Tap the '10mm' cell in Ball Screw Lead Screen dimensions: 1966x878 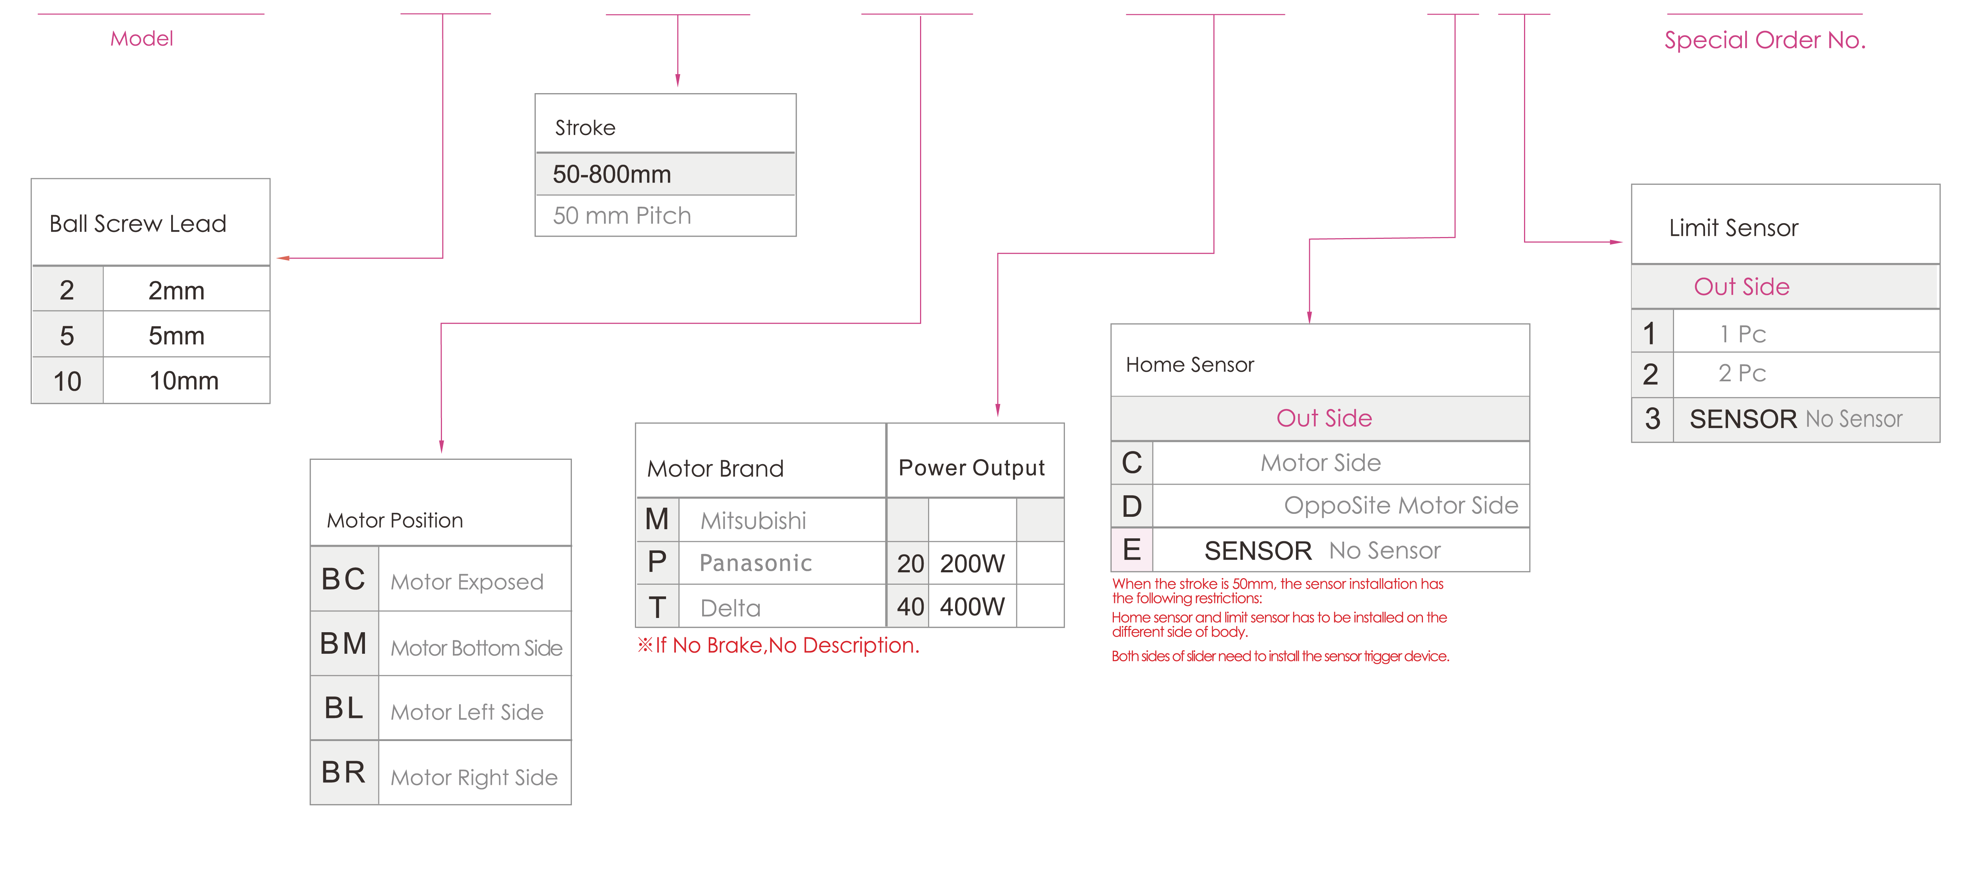click(x=184, y=380)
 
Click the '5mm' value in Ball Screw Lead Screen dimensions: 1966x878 click(x=176, y=335)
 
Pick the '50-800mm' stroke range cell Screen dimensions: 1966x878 click(x=612, y=174)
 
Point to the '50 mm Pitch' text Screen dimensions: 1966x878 click(x=622, y=215)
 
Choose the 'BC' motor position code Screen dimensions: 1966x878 click(x=343, y=579)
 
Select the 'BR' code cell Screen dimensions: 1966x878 click(x=343, y=772)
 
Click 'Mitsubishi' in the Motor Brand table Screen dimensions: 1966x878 click(x=753, y=521)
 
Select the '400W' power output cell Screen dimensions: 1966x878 click(x=972, y=606)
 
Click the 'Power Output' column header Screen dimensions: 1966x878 click(x=972, y=467)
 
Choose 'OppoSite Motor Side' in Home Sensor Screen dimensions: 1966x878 click(x=1401, y=505)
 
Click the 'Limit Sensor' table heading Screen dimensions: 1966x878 click(x=1733, y=228)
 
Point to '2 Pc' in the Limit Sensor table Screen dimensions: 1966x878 click(x=1742, y=373)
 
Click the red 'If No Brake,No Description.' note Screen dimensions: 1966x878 click(x=778, y=645)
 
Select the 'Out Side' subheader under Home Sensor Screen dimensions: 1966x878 click(x=1324, y=417)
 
